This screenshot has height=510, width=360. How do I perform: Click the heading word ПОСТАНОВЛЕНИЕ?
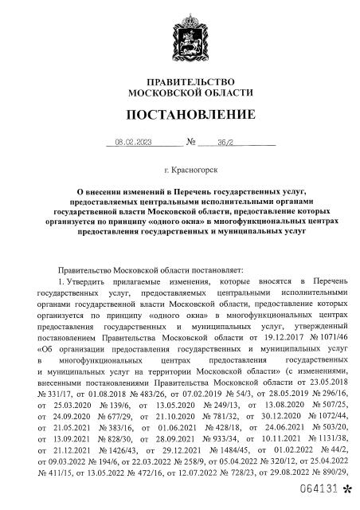[180, 116]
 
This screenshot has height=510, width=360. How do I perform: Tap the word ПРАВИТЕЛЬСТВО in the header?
[180, 82]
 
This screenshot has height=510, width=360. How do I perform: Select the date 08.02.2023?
[133, 143]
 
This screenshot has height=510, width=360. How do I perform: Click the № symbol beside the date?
[190, 143]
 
